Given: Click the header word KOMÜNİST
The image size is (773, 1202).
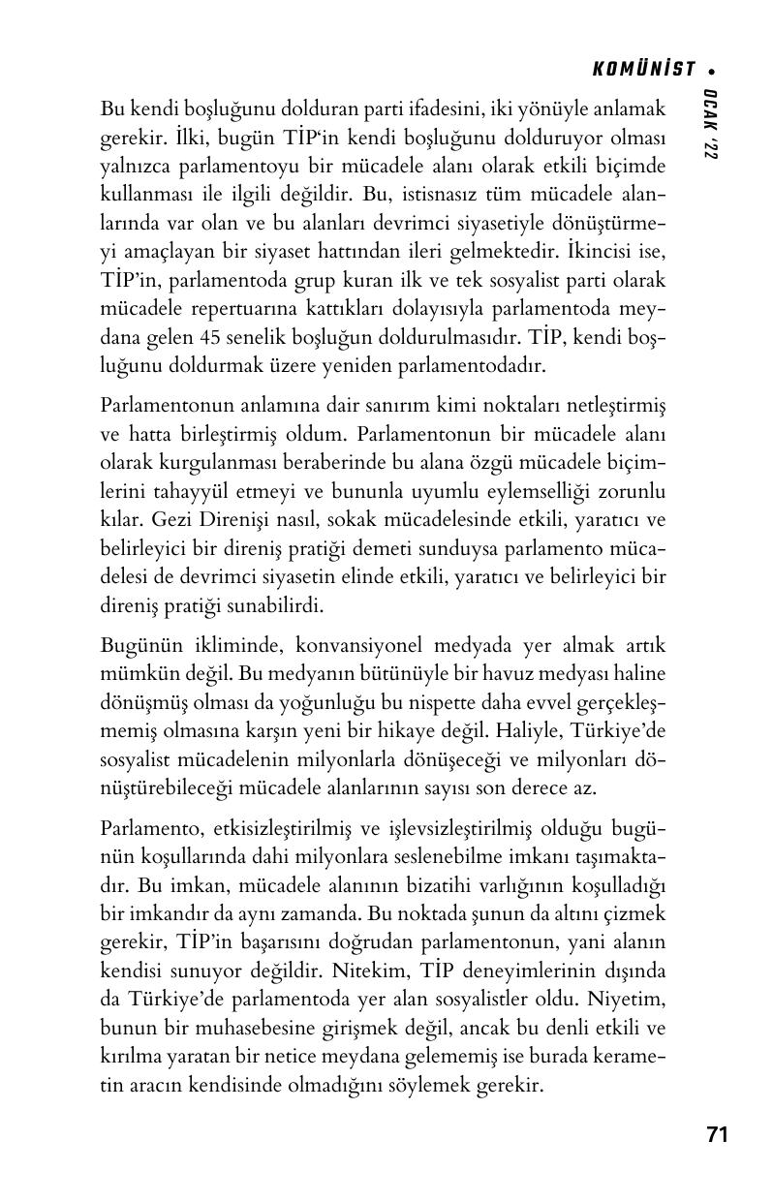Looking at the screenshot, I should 644,70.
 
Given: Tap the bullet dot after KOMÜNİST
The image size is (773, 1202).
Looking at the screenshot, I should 713,71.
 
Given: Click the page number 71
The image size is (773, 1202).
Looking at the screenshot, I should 717,1135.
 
